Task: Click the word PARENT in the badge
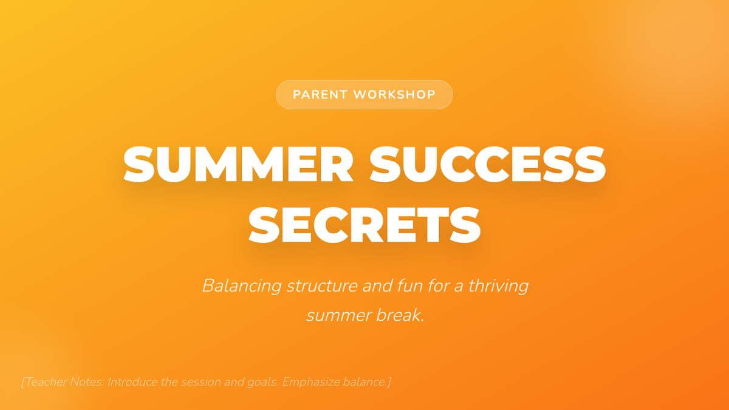pos(320,95)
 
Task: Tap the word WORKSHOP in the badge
pos(394,95)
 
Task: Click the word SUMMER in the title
pos(238,165)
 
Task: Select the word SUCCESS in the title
pos(487,165)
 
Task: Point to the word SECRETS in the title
pos(364,225)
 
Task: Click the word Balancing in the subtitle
pos(242,285)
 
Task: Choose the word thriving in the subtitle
pos(499,286)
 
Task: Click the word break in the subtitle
pos(400,315)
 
